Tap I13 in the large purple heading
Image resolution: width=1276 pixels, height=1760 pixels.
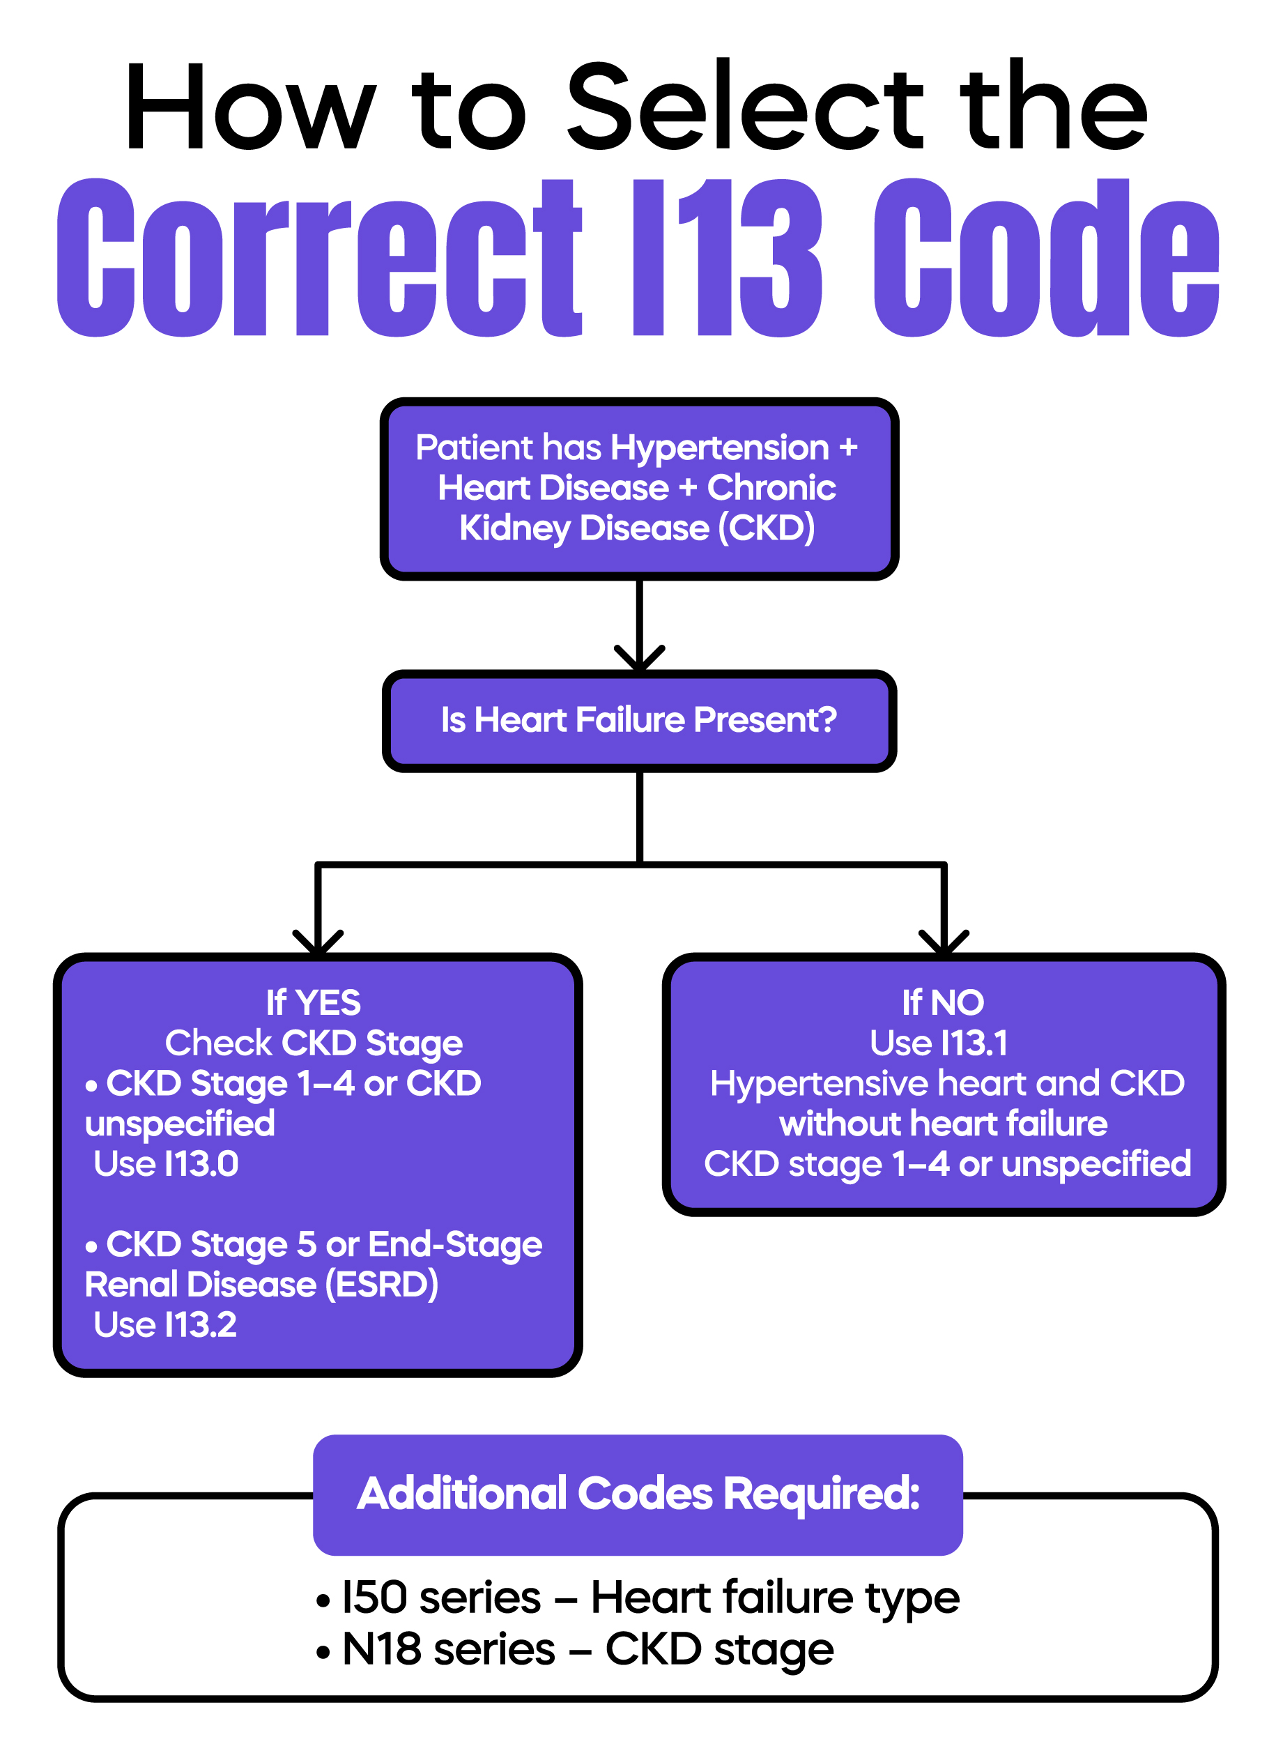[x=725, y=258]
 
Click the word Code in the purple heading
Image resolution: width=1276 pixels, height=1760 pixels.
[x=1045, y=258]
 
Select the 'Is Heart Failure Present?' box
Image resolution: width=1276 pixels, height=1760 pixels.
[x=638, y=719]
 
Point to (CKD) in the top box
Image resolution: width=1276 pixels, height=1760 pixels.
[x=767, y=528]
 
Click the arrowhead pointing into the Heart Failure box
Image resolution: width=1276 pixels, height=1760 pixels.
[x=639, y=658]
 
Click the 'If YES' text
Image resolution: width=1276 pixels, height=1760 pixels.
[x=314, y=1002]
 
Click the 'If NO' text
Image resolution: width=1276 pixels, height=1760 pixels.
[x=942, y=1002]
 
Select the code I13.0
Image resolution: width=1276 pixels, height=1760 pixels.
[x=201, y=1164]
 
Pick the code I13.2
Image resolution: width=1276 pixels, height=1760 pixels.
[x=200, y=1324]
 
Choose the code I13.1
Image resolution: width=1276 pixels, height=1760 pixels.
[x=974, y=1043]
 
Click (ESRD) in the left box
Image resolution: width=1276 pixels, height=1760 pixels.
[x=382, y=1285]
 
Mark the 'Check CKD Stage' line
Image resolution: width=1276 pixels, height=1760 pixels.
[x=314, y=1043]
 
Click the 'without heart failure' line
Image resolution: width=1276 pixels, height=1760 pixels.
[x=942, y=1124]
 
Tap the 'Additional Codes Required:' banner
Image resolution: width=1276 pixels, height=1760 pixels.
[x=638, y=1494]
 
